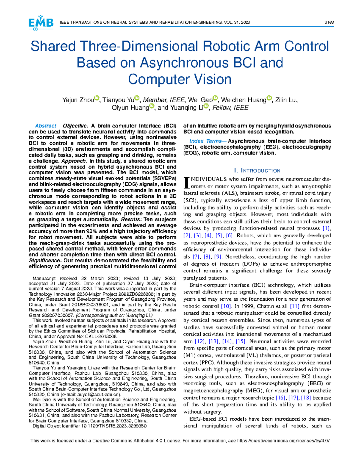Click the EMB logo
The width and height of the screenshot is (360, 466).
tap(41, 23)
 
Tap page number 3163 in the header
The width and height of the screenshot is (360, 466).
tap(329, 23)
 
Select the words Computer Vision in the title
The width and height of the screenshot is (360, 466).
tap(180, 79)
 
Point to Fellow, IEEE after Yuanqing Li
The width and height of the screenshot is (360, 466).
tap(230, 108)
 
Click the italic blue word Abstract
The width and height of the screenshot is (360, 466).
tap(45, 126)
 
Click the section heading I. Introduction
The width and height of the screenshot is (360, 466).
tap(257, 171)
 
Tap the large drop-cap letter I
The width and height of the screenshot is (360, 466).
tap(186, 182)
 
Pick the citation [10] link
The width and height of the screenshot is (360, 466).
tap(226, 306)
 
